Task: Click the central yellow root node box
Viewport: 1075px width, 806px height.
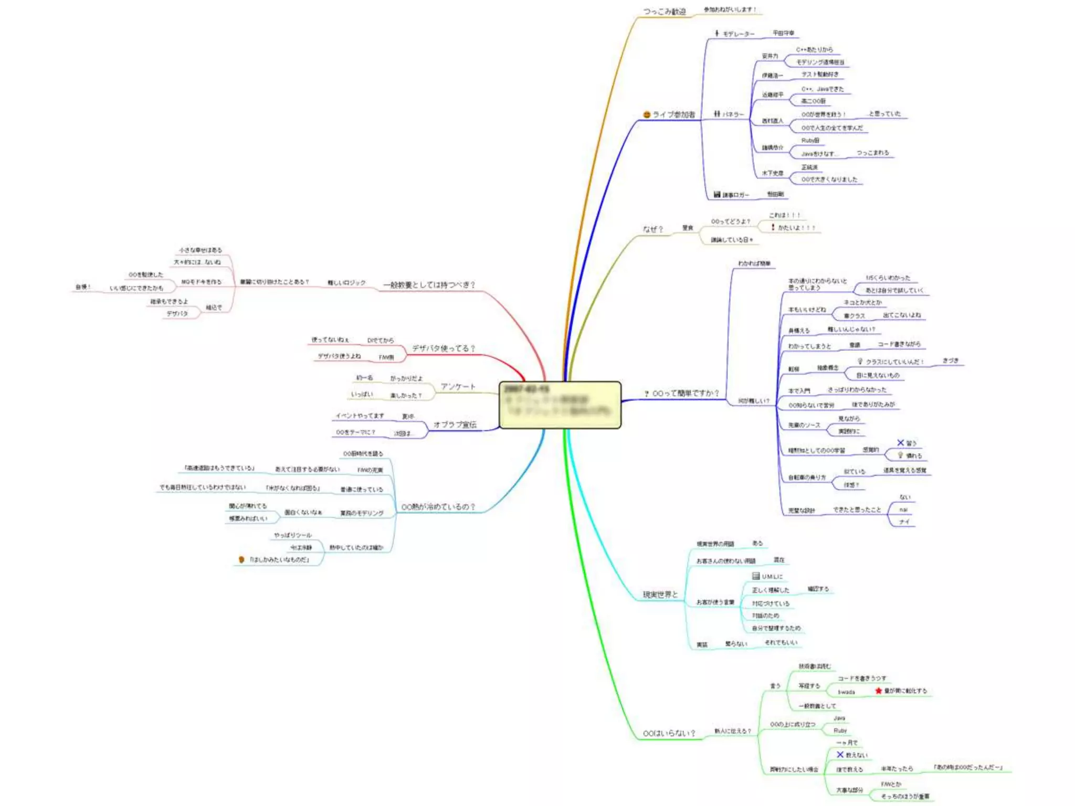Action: pos(560,405)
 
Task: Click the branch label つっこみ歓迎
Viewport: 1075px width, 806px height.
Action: pos(665,12)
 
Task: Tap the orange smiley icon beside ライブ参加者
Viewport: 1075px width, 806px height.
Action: pos(647,114)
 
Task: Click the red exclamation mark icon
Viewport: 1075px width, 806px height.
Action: pos(773,227)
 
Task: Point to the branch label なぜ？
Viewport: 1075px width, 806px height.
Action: pos(653,229)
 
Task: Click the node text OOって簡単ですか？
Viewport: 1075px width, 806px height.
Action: pos(686,393)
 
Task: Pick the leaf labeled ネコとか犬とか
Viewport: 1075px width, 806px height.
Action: pos(862,303)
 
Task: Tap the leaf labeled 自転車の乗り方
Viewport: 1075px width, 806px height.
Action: pos(807,478)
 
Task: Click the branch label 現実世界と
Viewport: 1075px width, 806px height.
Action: pos(660,595)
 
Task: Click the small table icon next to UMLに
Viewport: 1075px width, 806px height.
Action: pos(756,576)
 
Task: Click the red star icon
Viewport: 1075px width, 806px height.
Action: pos(878,691)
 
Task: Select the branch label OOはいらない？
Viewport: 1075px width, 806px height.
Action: pos(669,733)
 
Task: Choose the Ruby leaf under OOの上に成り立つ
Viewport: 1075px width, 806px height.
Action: pos(840,730)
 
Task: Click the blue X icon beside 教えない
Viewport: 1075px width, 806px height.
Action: pos(840,755)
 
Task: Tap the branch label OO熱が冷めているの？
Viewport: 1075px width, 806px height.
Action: pos(438,507)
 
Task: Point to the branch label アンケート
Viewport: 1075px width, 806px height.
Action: pos(458,387)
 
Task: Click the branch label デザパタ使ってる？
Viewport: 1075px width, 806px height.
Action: pos(443,348)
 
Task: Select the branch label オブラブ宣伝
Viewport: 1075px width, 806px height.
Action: pos(455,425)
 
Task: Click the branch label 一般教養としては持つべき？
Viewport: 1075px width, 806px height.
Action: pos(429,285)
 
